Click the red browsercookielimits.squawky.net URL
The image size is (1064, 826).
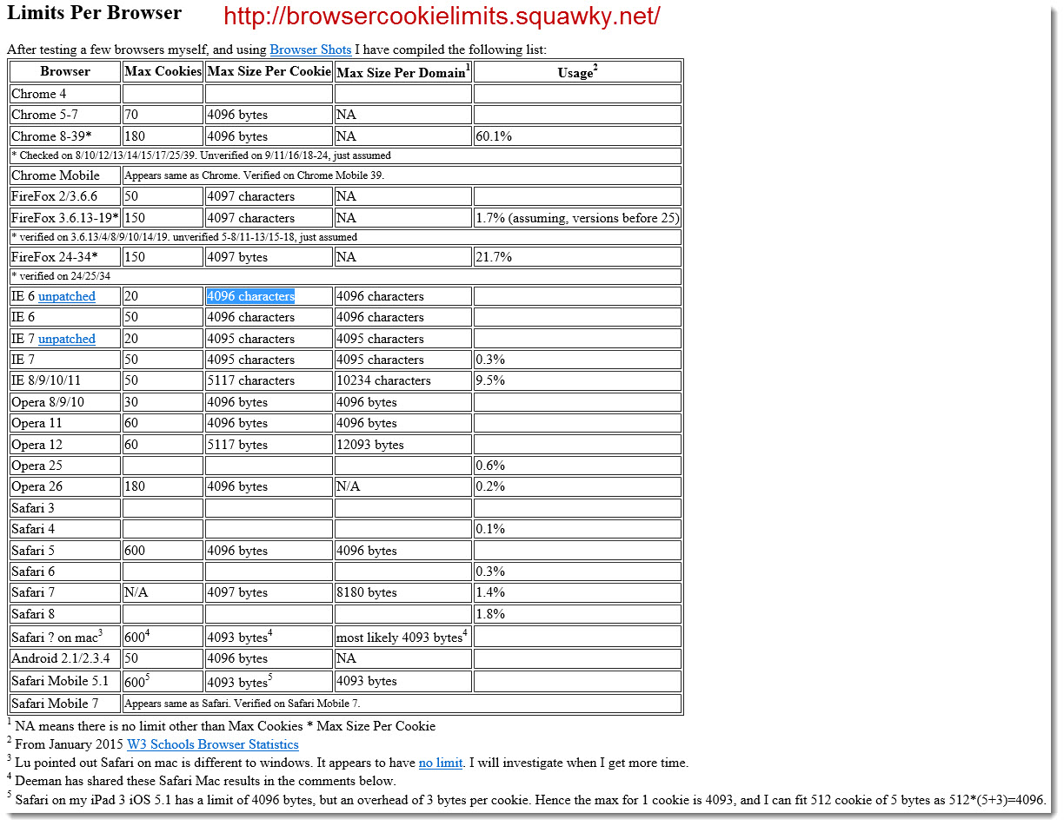(442, 17)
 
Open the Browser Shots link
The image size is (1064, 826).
(310, 50)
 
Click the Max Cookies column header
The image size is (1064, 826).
(163, 71)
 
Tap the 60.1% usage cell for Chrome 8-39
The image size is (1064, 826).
(494, 136)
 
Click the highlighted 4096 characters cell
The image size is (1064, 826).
(250, 296)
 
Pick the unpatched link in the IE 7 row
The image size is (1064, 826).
(67, 339)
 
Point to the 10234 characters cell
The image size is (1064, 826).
(383, 380)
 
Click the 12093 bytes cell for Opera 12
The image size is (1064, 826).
(370, 445)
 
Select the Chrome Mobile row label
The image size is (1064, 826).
(56, 175)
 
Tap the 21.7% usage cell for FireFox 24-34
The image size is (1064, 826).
(494, 257)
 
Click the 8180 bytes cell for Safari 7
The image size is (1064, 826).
(367, 592)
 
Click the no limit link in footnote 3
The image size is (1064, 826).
(440, 763)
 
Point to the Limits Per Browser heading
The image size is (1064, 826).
(94, 13)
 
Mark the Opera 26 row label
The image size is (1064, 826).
(37, 486)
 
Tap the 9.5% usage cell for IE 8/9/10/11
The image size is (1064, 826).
(490, 380)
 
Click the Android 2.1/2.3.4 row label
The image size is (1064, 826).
(59, 658)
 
